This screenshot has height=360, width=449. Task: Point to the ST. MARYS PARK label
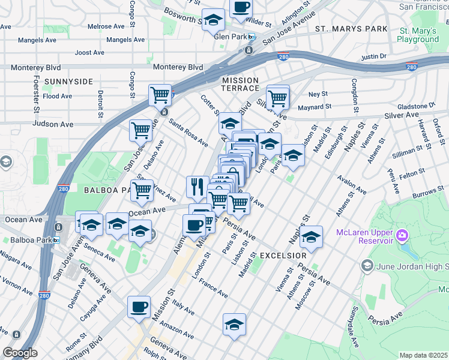pos(351,29)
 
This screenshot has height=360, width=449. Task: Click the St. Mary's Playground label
pos(419,35)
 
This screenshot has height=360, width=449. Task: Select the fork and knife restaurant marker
pos(197,187)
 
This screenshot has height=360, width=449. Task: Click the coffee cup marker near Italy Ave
pos(139,307)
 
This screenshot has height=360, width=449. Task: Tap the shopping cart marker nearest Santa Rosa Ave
pos(140,130)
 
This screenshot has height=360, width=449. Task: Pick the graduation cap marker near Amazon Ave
pos(234,325)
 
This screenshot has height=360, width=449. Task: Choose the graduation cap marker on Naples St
pos(311,237)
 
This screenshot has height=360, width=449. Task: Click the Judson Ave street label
pos(54,124)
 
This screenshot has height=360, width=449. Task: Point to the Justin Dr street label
pos(373,57)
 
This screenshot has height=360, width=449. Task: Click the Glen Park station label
pos(231,37)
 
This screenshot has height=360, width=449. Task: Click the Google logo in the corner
pos(20,353)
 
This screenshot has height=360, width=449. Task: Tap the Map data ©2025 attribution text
pos(423,355)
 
